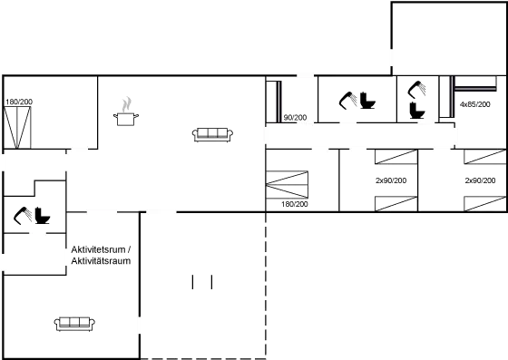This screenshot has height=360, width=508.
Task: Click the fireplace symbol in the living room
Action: (126, 111)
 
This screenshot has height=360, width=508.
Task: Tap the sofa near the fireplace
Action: (213, 134)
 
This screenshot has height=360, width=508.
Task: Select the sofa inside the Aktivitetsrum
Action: (74, 322)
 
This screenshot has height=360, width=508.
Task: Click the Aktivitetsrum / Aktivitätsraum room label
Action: (101, 255)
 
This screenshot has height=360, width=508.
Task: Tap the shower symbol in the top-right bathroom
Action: (418, 89)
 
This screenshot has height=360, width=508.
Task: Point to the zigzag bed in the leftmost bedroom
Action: (288, 185)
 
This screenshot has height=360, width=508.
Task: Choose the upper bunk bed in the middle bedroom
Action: (396, 158)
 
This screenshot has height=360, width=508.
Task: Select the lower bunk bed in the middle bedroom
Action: (396, 200)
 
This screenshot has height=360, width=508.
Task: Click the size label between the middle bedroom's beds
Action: (390, 180)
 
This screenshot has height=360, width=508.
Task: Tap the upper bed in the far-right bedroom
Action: (484, 158)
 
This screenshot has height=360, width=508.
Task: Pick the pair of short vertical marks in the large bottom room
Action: (201, 282)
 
